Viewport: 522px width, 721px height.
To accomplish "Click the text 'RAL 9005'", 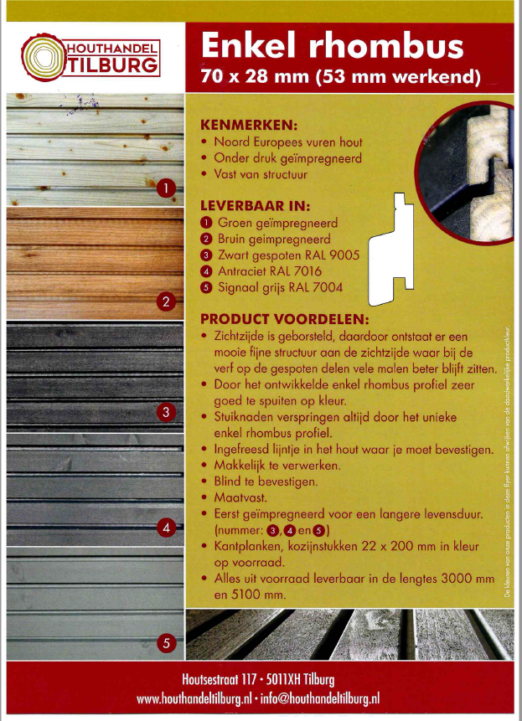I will [316, 255].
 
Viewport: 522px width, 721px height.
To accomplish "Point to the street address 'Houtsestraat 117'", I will [220, 679].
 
